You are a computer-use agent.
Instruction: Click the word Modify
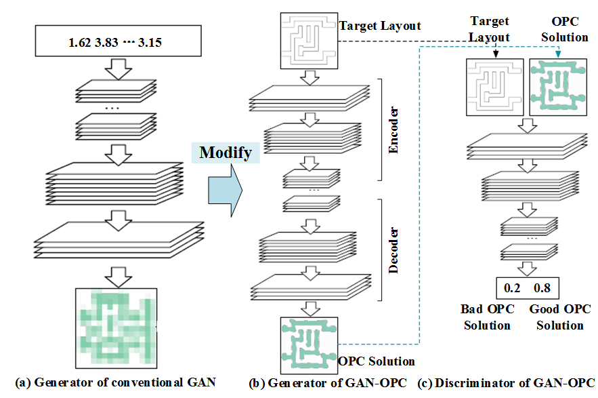226,152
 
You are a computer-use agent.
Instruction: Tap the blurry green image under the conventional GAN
116,321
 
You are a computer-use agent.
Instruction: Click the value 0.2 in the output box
513,288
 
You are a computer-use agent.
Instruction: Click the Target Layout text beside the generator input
380,26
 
